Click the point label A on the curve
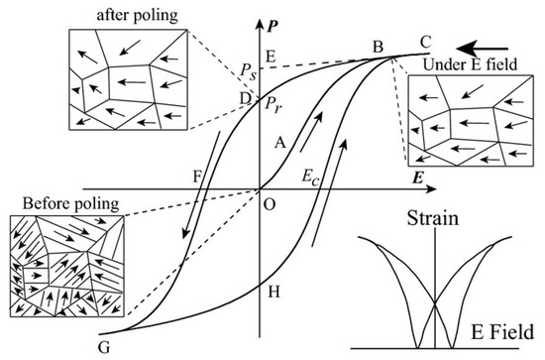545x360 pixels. coord(280,142)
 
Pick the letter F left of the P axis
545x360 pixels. coord(198,176)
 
